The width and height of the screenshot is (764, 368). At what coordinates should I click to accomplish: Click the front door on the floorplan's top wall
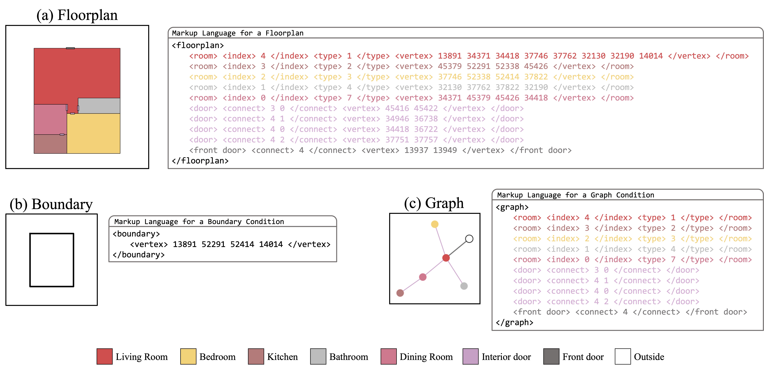(x=70, y=48)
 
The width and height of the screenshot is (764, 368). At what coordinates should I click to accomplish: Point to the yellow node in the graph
(x=434, y=224)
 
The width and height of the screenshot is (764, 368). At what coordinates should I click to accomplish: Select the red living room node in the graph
(x=446, y=258)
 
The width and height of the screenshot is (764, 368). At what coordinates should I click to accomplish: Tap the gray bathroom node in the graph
(x=464, y=286)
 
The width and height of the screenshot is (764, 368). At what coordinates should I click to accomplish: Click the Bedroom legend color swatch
(x=188, y=356)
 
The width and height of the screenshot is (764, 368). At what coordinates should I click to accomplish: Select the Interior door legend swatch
(x=470, y=356)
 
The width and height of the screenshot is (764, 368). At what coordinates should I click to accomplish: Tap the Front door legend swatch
(x=551, y=356)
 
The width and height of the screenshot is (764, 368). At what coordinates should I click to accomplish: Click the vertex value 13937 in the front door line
(x=416, y=150)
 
